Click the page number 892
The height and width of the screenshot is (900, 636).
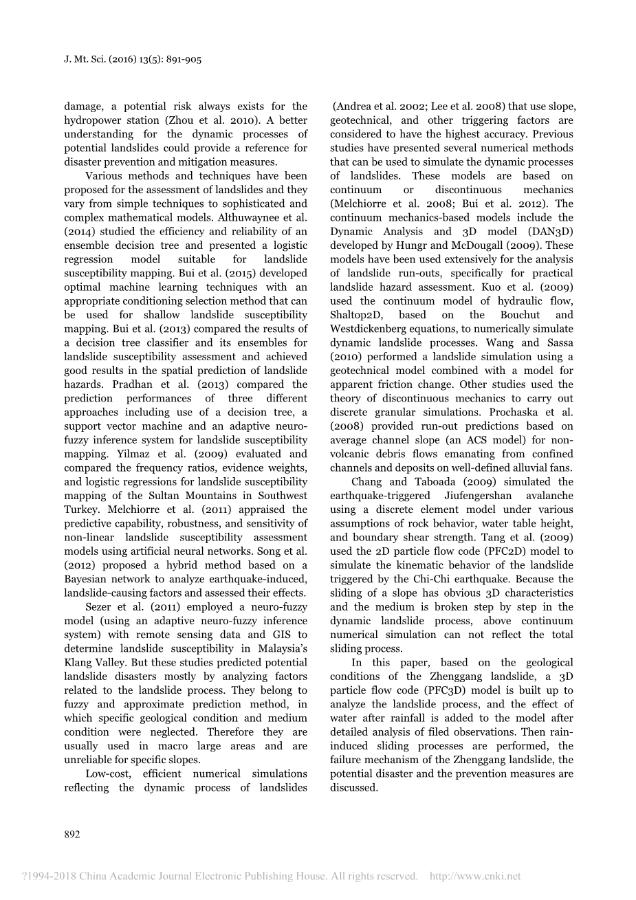[x=72, y=834]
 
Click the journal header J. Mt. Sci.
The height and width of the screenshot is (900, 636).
[x=89, y=60]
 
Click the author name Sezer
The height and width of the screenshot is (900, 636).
[x=100, y=607]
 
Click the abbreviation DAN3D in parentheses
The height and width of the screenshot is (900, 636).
[x=548, y=232]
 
